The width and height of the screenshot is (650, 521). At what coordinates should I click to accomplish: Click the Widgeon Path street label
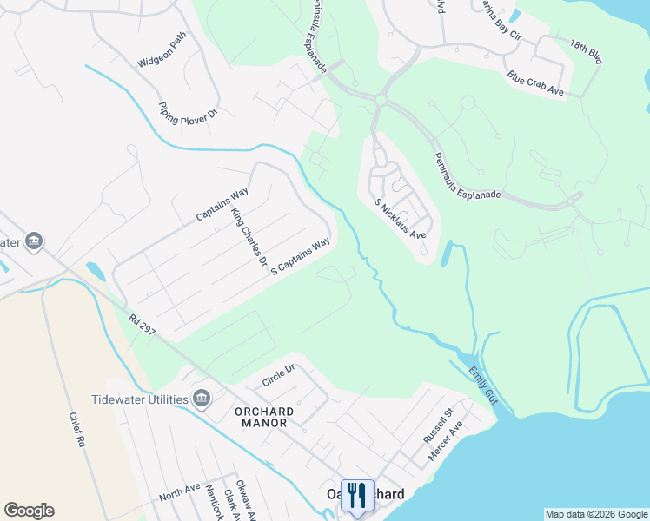(162, 51)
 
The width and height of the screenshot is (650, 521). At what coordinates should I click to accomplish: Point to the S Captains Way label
(301, 256)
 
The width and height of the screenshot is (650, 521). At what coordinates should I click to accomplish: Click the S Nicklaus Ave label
(400, 220)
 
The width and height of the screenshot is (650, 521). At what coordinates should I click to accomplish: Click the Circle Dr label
(279, 375)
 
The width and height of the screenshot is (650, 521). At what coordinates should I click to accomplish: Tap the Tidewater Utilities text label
(140, 399)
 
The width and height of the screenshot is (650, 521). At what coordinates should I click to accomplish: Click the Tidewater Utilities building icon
(202, 399)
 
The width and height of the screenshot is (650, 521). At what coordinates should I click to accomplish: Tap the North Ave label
(180, 492)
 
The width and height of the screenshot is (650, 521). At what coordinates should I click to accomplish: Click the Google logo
(29, 511)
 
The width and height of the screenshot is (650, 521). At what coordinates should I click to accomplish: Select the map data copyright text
(595, 514)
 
